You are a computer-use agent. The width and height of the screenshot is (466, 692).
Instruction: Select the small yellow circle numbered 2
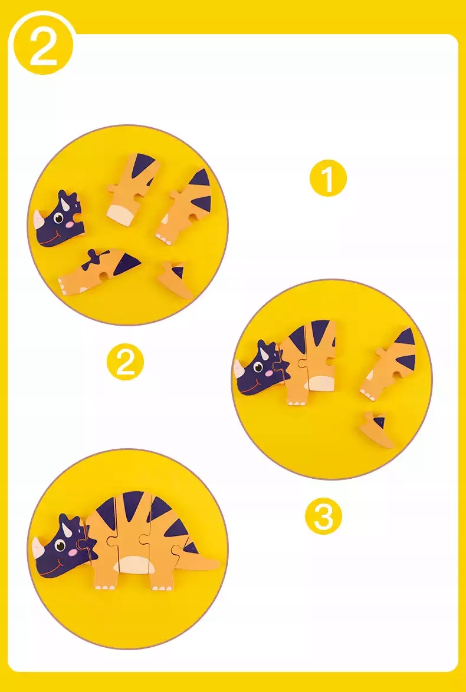click(x=125, y=362)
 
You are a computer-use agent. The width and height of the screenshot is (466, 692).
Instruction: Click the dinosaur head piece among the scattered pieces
click(x=57, y=218)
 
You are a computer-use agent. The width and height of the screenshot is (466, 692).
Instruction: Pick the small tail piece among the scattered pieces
click(x=176, y=279)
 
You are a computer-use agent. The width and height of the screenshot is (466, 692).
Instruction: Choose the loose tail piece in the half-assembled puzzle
click(x=376, y=430)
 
